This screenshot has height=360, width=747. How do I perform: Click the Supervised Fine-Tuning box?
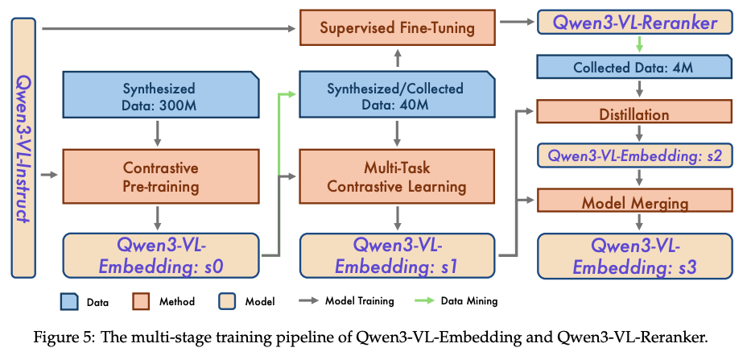point(398,28)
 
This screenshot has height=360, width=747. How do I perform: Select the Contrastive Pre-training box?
point(161,176)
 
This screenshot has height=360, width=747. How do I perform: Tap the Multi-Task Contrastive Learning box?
point(398,176)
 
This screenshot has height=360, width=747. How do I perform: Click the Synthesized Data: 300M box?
point(161,94)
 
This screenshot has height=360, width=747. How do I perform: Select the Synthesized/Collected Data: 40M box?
point(398,94)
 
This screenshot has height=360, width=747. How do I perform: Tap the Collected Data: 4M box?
point(634,66)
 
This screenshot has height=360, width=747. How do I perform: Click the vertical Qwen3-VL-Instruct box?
point(23,148)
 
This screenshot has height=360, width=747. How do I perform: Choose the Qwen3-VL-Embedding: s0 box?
point(161,255)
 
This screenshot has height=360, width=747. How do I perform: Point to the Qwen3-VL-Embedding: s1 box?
point(398,255)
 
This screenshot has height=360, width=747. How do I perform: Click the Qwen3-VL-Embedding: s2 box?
point(634,155)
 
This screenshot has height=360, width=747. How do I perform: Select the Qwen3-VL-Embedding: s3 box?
point(634,255)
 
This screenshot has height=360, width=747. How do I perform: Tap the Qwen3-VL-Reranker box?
point(634,23)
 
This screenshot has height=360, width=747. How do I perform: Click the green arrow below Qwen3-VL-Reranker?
point(640,44)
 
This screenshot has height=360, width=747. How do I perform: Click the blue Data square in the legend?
point(69,301)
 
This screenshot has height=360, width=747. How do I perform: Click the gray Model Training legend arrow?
point(309,301)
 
